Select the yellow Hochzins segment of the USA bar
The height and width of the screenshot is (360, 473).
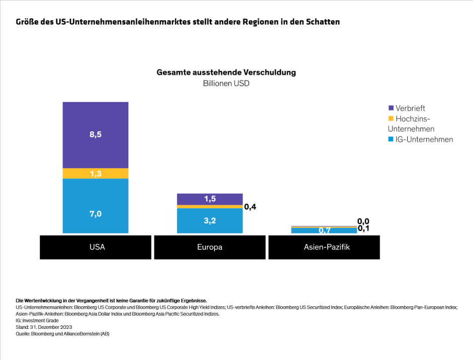point(96,173)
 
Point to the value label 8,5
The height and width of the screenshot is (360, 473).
point(96,135)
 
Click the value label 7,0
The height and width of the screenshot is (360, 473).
point(96,214)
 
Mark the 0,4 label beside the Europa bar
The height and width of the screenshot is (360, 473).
point(251,207)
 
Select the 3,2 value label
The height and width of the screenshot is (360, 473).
point(210,220)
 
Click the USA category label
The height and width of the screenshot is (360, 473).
point(96,247)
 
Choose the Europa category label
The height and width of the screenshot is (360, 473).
point(210,247)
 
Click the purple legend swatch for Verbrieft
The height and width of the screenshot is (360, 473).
point(391,108)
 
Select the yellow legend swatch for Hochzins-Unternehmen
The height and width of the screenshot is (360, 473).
point(391,119)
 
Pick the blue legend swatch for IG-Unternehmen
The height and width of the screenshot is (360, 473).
point(391,139)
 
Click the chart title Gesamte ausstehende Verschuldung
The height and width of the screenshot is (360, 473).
point(226,72)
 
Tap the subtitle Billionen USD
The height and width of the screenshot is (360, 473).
point(226,83)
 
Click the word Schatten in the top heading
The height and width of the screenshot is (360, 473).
point(322,22)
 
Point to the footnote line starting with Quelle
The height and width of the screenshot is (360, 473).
point(63,333)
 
